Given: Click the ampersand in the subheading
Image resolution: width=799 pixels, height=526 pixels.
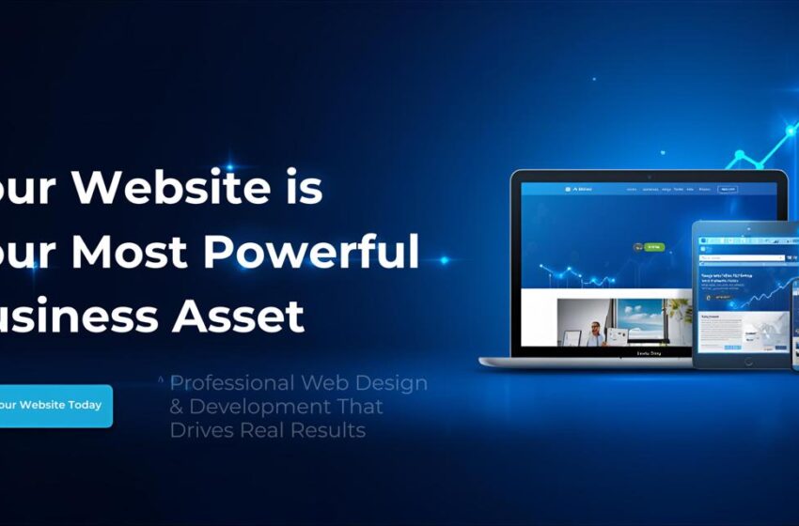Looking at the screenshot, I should (176, 408).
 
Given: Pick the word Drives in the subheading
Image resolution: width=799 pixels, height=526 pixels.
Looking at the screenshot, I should (201, 430).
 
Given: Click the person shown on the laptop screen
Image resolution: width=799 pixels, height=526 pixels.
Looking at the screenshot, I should (596, 332).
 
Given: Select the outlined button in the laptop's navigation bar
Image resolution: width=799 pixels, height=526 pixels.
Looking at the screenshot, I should (727, 189).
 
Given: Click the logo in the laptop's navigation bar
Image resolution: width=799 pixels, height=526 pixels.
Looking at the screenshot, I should (583, 189).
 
